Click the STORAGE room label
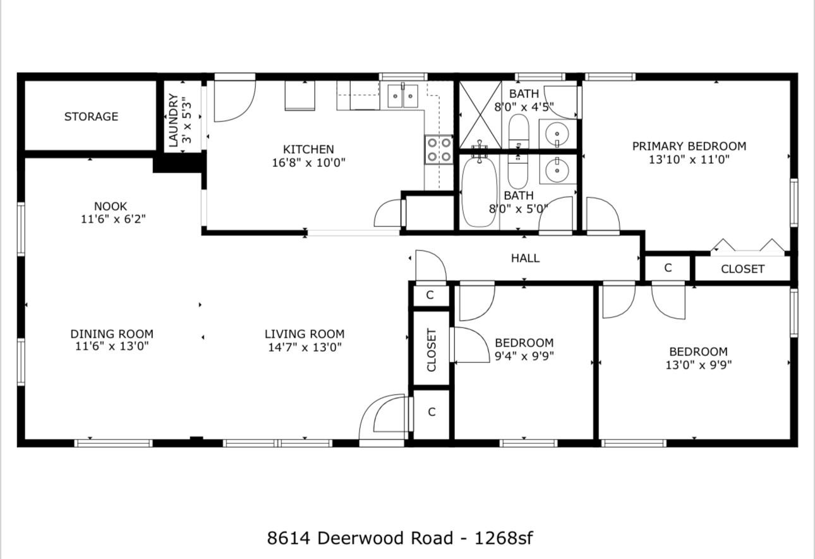pyautogui.click(x=91, y=116)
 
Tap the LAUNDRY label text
pyautogui.click(x=173, y=120)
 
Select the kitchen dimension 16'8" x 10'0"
pyautogui.click(x=308, y=163)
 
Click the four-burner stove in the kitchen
pyautogui.click(x=438, y=149)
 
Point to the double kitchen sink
pyautogui.click(x=402, y=96)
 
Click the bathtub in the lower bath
pyautogui.click(x=480, y=190)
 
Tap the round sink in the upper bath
pyautogui.click(x=557, y=134)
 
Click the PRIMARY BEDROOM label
pyautogui.click(x=689, y=146)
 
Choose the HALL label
pyautogui.click(x=525, y=258)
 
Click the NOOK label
pyautogui.click(x=111, y=206)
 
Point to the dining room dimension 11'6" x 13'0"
pyautogui.click(x=112, y=347)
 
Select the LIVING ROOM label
pyautogui.click(x=304, y=334)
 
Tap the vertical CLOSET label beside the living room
pyautogui.click(x=432, y=350)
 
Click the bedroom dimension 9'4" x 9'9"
pyautogui.click(x=524, y=356)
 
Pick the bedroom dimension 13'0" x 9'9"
pyautogui.click(x=698, y=365)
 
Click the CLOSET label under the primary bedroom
pyautogui.click(x=742, y=269)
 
